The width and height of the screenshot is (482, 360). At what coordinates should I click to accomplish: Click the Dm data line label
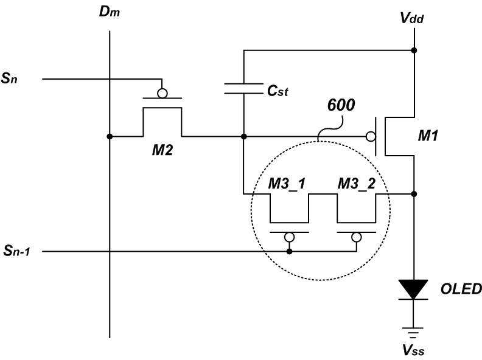pyautogui.click(x=110, y=12)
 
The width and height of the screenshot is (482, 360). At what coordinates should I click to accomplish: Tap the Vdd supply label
pyautogui.click(x=412, y=18)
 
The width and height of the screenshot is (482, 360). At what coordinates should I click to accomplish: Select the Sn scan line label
pyautogui.click(x=9, y=78)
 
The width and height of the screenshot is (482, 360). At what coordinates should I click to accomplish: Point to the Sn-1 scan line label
pyautogui.click(x=17, y=251)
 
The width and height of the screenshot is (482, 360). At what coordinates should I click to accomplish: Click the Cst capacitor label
pyautogui.click(x=278, y=91)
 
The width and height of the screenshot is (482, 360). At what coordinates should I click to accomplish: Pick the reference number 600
pyautogui.click(x=341, y=105)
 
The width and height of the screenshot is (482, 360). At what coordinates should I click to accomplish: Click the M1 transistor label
pyautogui.click(x=428, y=136)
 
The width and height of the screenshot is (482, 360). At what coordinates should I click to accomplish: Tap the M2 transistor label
pyautogui.click(x=162, y=150)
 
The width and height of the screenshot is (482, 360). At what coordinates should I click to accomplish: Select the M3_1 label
pyautogui.click(x=287, y=184)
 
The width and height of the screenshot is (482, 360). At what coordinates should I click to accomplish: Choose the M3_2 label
pyautogui.click(x=357, y=184)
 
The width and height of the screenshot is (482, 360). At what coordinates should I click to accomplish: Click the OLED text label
pyautogui.click(x=461, y=289)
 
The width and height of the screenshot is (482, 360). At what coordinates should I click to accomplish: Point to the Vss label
pyautogui.click(x=413, y=350)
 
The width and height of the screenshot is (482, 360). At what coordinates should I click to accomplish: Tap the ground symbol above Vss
pyautogui.click(x=413, y=333)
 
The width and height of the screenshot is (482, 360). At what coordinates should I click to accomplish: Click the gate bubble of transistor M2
pyautogui.click(x=162, y=93)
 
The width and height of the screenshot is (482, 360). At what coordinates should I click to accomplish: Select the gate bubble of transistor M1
pyautogui.click(x=371, y=136)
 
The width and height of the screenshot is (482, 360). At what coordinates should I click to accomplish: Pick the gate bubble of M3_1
pyautogui.click(x=289, y=237)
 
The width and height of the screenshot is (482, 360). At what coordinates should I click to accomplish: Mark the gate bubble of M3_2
pyautogui.click(x=357, y=237)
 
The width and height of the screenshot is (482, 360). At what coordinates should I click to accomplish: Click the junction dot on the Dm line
pyautogui.click(x=110, y=136)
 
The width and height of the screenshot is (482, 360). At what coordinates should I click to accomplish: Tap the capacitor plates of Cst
pyautogui.click(x=244, y=88)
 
